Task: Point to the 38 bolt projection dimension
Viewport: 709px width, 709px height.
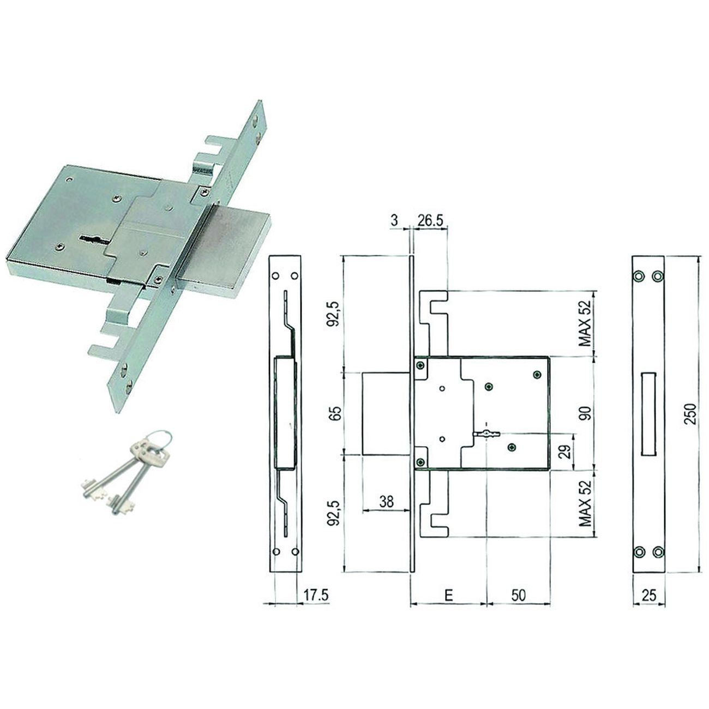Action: point(386,502)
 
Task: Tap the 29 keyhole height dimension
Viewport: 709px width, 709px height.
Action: point(566,452)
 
